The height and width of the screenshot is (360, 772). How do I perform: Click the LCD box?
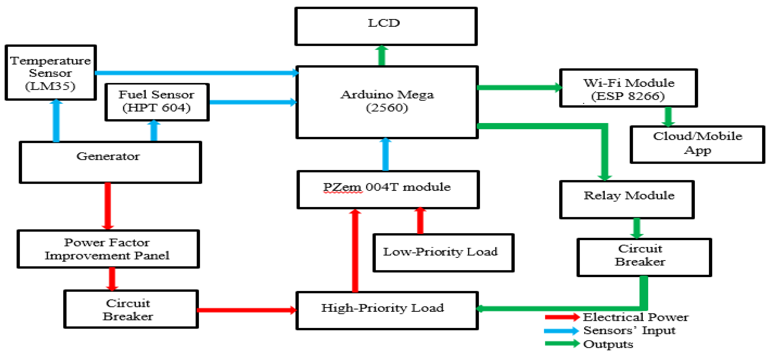(x=386, y=26)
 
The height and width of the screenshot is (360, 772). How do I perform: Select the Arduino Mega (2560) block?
(x=387, y=102)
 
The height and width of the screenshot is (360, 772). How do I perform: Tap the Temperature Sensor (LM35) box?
(x=50, y=72)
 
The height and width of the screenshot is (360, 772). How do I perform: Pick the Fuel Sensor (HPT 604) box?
(x=157, y=102)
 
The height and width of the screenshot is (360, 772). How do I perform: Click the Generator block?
(x=110, y=162)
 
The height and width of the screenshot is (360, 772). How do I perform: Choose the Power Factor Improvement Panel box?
(x=108, y=249)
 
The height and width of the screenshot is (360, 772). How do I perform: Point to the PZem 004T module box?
(x=388, y=190)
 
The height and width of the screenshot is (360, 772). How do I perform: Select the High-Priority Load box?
(x=387, y=310)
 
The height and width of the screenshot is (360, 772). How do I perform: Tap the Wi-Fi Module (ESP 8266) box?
(x=628, y=88)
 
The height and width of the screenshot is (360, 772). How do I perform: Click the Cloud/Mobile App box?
(x=697, y=144)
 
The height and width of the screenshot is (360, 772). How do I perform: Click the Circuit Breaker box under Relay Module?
(x=644, y=257)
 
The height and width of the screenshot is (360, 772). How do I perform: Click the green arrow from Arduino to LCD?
(x=382, y=56)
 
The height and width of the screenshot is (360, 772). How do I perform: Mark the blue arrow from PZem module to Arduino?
(x=386, y=154)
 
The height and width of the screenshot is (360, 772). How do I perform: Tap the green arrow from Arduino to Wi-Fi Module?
(x=518, y=88)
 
